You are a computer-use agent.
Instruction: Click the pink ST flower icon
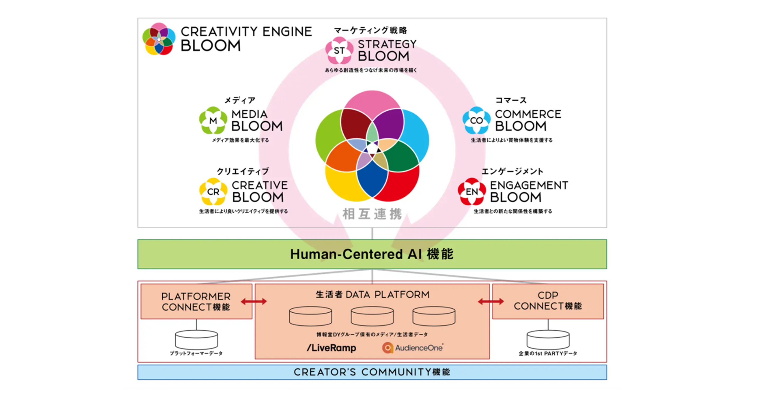[339, 50]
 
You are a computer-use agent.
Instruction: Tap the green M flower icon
[213, 120]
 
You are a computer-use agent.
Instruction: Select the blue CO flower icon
[476, 120]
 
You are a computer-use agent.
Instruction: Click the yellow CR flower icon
[213, 191]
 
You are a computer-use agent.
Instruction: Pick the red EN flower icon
[471, 191]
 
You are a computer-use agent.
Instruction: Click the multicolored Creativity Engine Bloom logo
[159, 39]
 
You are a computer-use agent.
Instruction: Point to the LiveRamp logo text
[331, 348]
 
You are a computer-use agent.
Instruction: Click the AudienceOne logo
[413, 348]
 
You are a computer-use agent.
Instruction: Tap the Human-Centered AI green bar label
[372, 254]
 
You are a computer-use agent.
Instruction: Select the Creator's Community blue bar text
[372, 372]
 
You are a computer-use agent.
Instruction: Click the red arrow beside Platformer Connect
[254, 301]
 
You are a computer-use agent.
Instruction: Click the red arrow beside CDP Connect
[491, 301]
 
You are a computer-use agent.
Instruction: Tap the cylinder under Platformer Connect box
[196, 340]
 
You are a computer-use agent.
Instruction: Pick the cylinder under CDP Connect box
[548, 340]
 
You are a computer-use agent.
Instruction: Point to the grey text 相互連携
[372, 214]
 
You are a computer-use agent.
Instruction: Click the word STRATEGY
[387, 44]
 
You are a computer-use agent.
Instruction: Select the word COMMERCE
[528, 114]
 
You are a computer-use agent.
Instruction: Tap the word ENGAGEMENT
[529, 185]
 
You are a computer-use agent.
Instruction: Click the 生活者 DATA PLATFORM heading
[372, 294]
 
